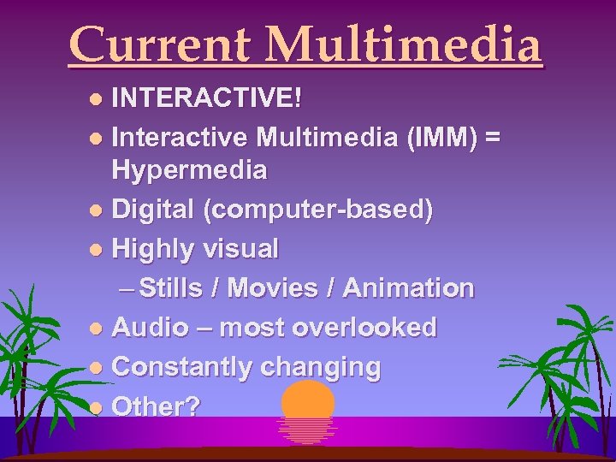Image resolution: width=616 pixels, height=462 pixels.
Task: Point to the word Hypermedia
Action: coord(189,170)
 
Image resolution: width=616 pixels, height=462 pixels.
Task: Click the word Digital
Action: coord(154,210)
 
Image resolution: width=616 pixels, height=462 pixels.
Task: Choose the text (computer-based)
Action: coord(317,210)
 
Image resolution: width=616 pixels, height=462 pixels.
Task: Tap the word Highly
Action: coord(156,249)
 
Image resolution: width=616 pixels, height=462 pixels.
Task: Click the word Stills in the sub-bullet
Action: coord(175,288)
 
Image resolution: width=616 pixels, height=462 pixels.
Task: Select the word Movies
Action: coord(275,288)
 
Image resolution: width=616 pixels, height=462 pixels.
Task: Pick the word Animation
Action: coord(407,288)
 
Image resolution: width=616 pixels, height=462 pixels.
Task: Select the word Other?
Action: coord(157,406)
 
